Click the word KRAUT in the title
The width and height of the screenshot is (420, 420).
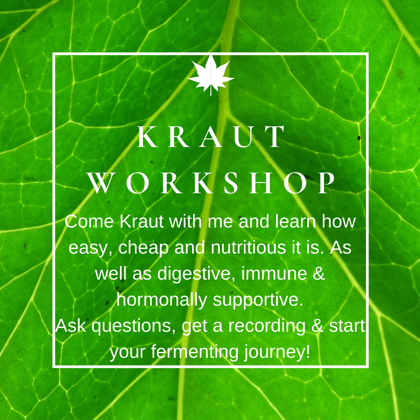click(211, 137)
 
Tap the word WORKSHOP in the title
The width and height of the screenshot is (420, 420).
click(211, 183)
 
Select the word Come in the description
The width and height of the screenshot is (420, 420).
click(89, 222)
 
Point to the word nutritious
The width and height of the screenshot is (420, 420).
click(248, 247)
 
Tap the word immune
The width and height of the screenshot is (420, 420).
click(274, 273)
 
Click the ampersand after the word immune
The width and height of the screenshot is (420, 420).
click(319, 273)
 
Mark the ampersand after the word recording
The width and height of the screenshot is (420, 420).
click(317, 326)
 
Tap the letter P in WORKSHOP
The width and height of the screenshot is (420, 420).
click(326, 183)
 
